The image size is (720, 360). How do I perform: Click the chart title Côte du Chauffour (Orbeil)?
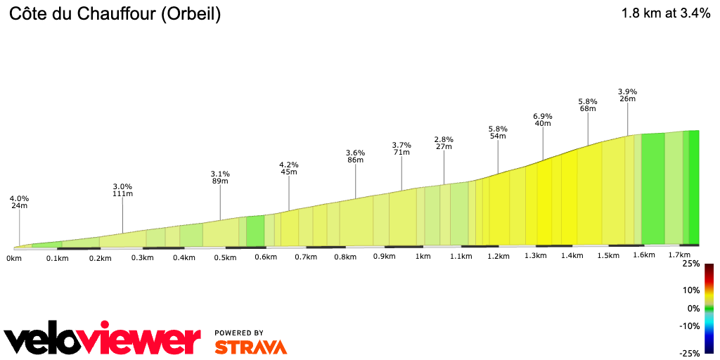[115, 14]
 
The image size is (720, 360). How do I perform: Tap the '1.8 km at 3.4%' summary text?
[665, 13]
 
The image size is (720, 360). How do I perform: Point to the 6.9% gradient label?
[543, 116]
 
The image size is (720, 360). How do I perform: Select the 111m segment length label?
[123, 193]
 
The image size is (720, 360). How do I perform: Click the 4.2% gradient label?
[289, 165]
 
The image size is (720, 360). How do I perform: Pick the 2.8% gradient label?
[444, 139]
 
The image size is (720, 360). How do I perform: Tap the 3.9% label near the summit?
[627, 91]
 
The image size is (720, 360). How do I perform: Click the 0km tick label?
[13, 258]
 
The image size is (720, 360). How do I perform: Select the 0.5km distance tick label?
[226, 257]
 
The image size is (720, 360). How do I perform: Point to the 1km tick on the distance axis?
[423, 257]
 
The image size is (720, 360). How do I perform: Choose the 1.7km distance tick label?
[679, 255]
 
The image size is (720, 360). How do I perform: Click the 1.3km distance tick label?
[536, 256]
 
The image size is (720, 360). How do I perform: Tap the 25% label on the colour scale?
[690, 264]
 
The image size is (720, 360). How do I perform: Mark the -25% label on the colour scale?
[689, 354]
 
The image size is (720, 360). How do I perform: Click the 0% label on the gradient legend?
[694, 309]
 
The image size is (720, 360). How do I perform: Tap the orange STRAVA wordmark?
[250, 347]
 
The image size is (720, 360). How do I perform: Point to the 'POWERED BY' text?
[239, 333]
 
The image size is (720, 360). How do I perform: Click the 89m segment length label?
[220, 181]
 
